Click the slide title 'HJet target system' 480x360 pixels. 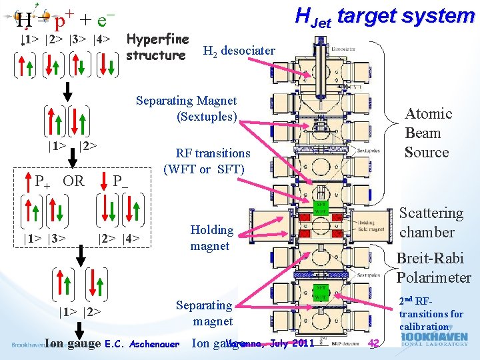pos(385,15)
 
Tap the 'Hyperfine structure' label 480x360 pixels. pos(157,47)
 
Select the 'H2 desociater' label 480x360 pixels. pos(239,51)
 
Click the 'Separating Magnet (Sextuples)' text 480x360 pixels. pos(187,109)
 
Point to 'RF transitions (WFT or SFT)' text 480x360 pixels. pos(207,161)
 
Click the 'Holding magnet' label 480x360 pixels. pos(211,238)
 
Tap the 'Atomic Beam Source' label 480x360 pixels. pos(427,133)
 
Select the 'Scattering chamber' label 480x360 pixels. pos(431,223)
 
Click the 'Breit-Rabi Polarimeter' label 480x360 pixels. pos(433,268)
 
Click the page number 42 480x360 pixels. pos(374,343)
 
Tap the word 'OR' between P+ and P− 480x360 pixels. pos(73,181)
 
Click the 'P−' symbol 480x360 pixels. pos(121,181)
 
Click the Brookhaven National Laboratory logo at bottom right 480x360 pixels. pos(435,342)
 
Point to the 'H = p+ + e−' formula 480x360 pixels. pos(67,19)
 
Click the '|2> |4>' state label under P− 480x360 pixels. pos(119,237)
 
